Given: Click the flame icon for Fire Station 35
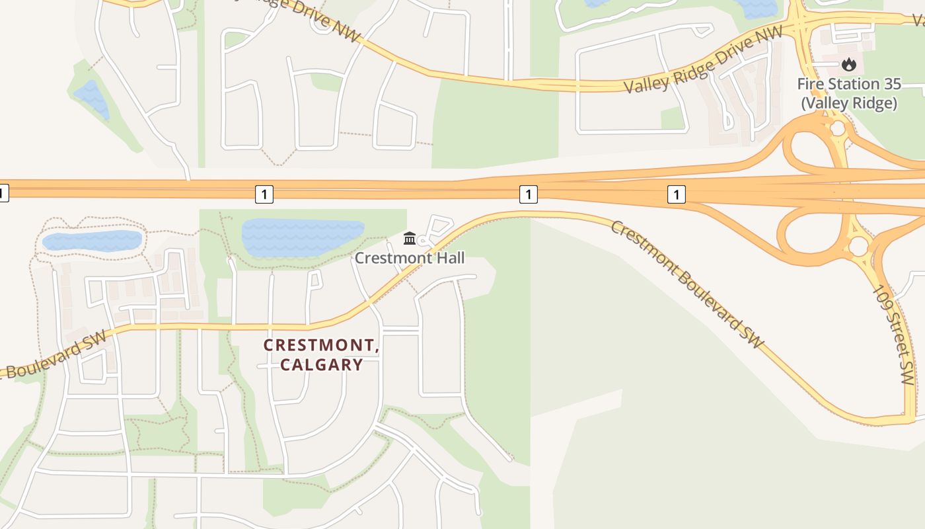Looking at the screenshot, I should coord(849,64).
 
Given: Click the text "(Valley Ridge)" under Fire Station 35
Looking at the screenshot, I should coord(849,103).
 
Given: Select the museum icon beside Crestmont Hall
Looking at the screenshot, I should coord(410,238).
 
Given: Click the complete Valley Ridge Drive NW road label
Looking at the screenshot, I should coord(704,60).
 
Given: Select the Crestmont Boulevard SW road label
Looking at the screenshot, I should coord(687,284).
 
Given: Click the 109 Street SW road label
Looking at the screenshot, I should coord(893,335).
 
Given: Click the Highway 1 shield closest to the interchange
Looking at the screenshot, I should coord(676,194).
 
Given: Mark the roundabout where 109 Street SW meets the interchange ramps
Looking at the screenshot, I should coord(858,247).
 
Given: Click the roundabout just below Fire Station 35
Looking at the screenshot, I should coord(838,128).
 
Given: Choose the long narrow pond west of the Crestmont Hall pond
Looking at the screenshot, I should coord(92,241).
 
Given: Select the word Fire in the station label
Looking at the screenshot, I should coord(812,84).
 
